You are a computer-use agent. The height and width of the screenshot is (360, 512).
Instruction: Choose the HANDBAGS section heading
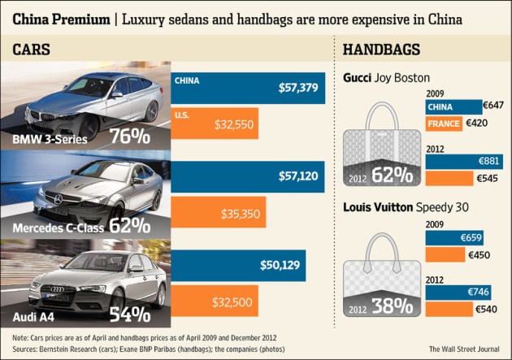(x=382, y=50)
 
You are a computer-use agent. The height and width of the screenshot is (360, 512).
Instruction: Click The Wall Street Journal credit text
(x=465, y=349)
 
